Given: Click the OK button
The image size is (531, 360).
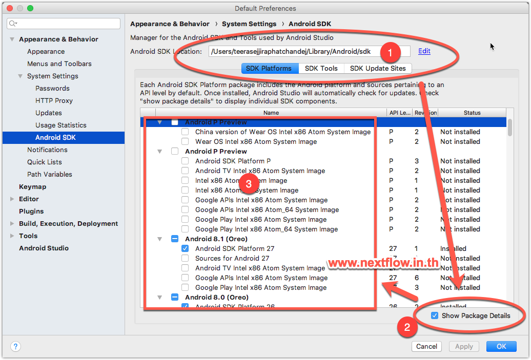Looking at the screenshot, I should (x=501, y=346).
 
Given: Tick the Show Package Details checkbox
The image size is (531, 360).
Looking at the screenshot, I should (x=435, y=315).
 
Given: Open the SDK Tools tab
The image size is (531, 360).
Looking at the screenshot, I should (x=321, y=68).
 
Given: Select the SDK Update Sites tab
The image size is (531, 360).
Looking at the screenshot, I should (x=378, y=68).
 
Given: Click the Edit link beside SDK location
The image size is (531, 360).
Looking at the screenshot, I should (x=424, y=51).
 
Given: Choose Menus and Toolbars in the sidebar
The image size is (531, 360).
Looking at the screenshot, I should (x=59, y=63).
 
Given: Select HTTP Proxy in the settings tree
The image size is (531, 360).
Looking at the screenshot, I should (x=54, y=100).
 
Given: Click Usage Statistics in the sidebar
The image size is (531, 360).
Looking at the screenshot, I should (x=60, y=125).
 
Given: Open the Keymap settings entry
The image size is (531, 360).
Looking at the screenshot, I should (x=32, y=186).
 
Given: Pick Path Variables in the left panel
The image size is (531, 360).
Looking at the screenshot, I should (x=49, y=174).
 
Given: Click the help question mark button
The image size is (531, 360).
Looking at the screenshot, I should (x=15, y=346).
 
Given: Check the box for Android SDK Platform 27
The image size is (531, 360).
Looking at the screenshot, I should (x=185, y=248).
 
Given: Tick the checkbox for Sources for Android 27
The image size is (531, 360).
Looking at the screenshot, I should (x=185, y=258).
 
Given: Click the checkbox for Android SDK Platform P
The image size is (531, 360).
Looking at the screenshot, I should (x=185, y=161).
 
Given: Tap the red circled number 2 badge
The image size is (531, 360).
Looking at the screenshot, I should (x=407, y=327).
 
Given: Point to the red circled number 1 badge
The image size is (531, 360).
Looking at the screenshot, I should (x=390, y=52).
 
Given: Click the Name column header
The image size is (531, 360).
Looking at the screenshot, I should (x=271, y=113).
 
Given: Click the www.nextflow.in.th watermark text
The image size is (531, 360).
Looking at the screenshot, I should (x=383, y=264).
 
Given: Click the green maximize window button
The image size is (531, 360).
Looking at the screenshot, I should (x=30, y=8).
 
